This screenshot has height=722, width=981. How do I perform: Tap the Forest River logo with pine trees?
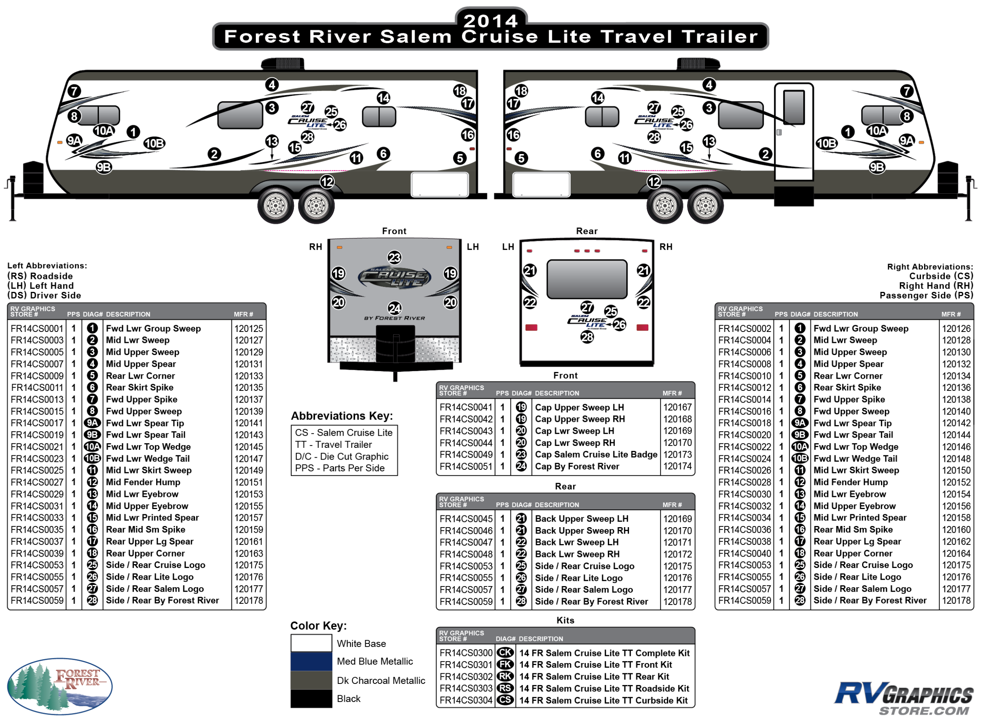click(x=60, y=686)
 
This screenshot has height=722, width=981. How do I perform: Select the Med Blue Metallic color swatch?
click(x=311, y=661)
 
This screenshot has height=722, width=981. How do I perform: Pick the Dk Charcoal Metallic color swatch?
click(x=311, y=680)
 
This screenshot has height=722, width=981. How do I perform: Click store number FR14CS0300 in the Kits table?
click(x=466, y=653)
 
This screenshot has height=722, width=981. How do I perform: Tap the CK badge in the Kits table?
click(x=505, y=652)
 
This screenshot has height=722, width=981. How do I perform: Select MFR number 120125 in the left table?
click(x=249, y=329)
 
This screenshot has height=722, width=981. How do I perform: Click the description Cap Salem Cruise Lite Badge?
click(x=596, y=454)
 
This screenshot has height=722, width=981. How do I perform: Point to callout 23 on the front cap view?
click(x=394, y=257)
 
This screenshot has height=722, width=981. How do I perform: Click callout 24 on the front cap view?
click(x=395, y=308)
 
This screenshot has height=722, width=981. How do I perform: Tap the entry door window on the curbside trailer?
click(x=794, y=107)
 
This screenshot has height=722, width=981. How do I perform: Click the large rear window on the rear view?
click(x=587, y=279)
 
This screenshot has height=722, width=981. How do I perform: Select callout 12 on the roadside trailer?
click(x=327, y=181)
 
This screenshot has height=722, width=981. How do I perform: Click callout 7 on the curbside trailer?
click(x=907, y=91)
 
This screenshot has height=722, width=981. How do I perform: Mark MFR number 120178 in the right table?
click(x=956, y=601)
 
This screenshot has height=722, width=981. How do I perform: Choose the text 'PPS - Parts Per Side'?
click(x=340, y=468)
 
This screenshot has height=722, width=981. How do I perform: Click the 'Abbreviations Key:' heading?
click(x=342, y=416)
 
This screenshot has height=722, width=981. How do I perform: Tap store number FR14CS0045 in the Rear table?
click(x=466, y=519)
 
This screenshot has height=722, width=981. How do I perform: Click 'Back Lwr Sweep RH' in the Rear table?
click(x=577, y=554)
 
